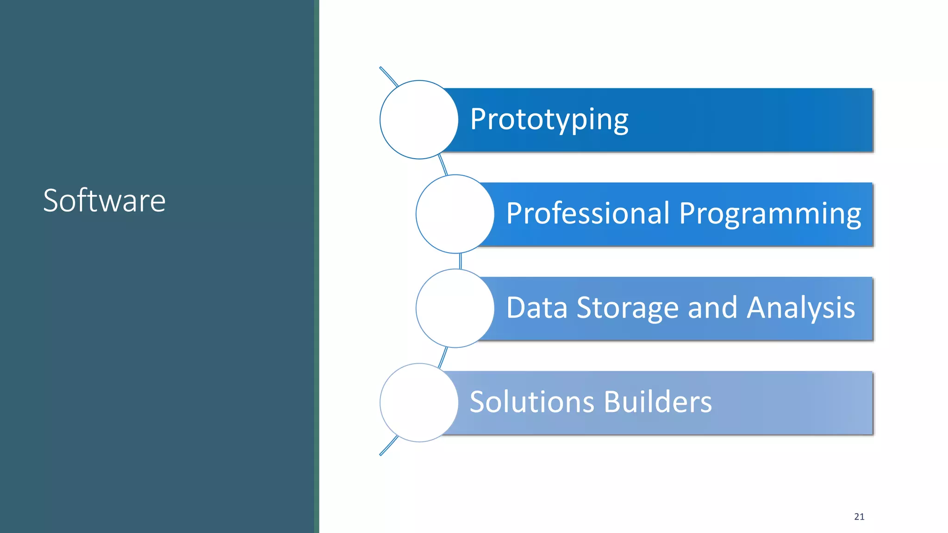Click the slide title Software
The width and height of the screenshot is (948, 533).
point(104,201)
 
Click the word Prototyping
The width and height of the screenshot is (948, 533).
point(549,119)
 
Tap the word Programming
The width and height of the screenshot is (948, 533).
point(770,214)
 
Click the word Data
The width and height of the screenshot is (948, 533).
point(536,308)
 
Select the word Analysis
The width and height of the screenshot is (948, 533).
point(801,309)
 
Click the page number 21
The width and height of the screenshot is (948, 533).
point(859,517)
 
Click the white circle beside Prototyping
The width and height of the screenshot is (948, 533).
point(419,120)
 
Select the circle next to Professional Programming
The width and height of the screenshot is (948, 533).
point(455,214)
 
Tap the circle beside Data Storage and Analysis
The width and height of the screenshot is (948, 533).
point(455,308)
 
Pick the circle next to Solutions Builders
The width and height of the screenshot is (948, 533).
point(419,403)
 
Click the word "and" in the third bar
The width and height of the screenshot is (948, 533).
point(712,308)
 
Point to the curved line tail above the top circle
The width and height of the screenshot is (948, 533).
point(388,76)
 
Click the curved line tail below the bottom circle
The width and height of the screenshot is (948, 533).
point(388,446)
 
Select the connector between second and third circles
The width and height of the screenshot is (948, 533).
point(460,261)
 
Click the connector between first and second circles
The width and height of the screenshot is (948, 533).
point(443,166)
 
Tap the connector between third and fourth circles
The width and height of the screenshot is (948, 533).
point(443,357)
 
